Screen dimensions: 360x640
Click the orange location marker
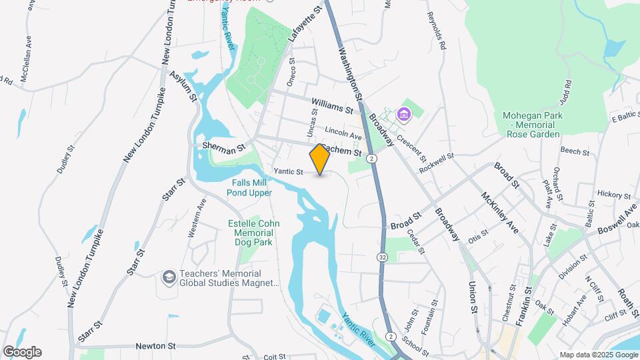pyautogui.click(x=320, y=159)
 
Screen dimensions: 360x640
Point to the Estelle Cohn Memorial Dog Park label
pyautogui.click(x=251, y=233)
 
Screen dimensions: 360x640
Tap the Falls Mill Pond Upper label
pyautogui.click(x=251, y=187)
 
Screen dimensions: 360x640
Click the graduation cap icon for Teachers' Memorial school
pyautogui.click(x=169, y=275)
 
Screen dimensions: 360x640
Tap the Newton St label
pyautogui.click(x=155, y=346)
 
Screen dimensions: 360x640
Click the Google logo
pyautogui.click(x=22, y=352)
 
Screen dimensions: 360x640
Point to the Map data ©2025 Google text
pyautogui.click(x=597, y=355)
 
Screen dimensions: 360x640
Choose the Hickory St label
pyautogui.click(x=613, y=195)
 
